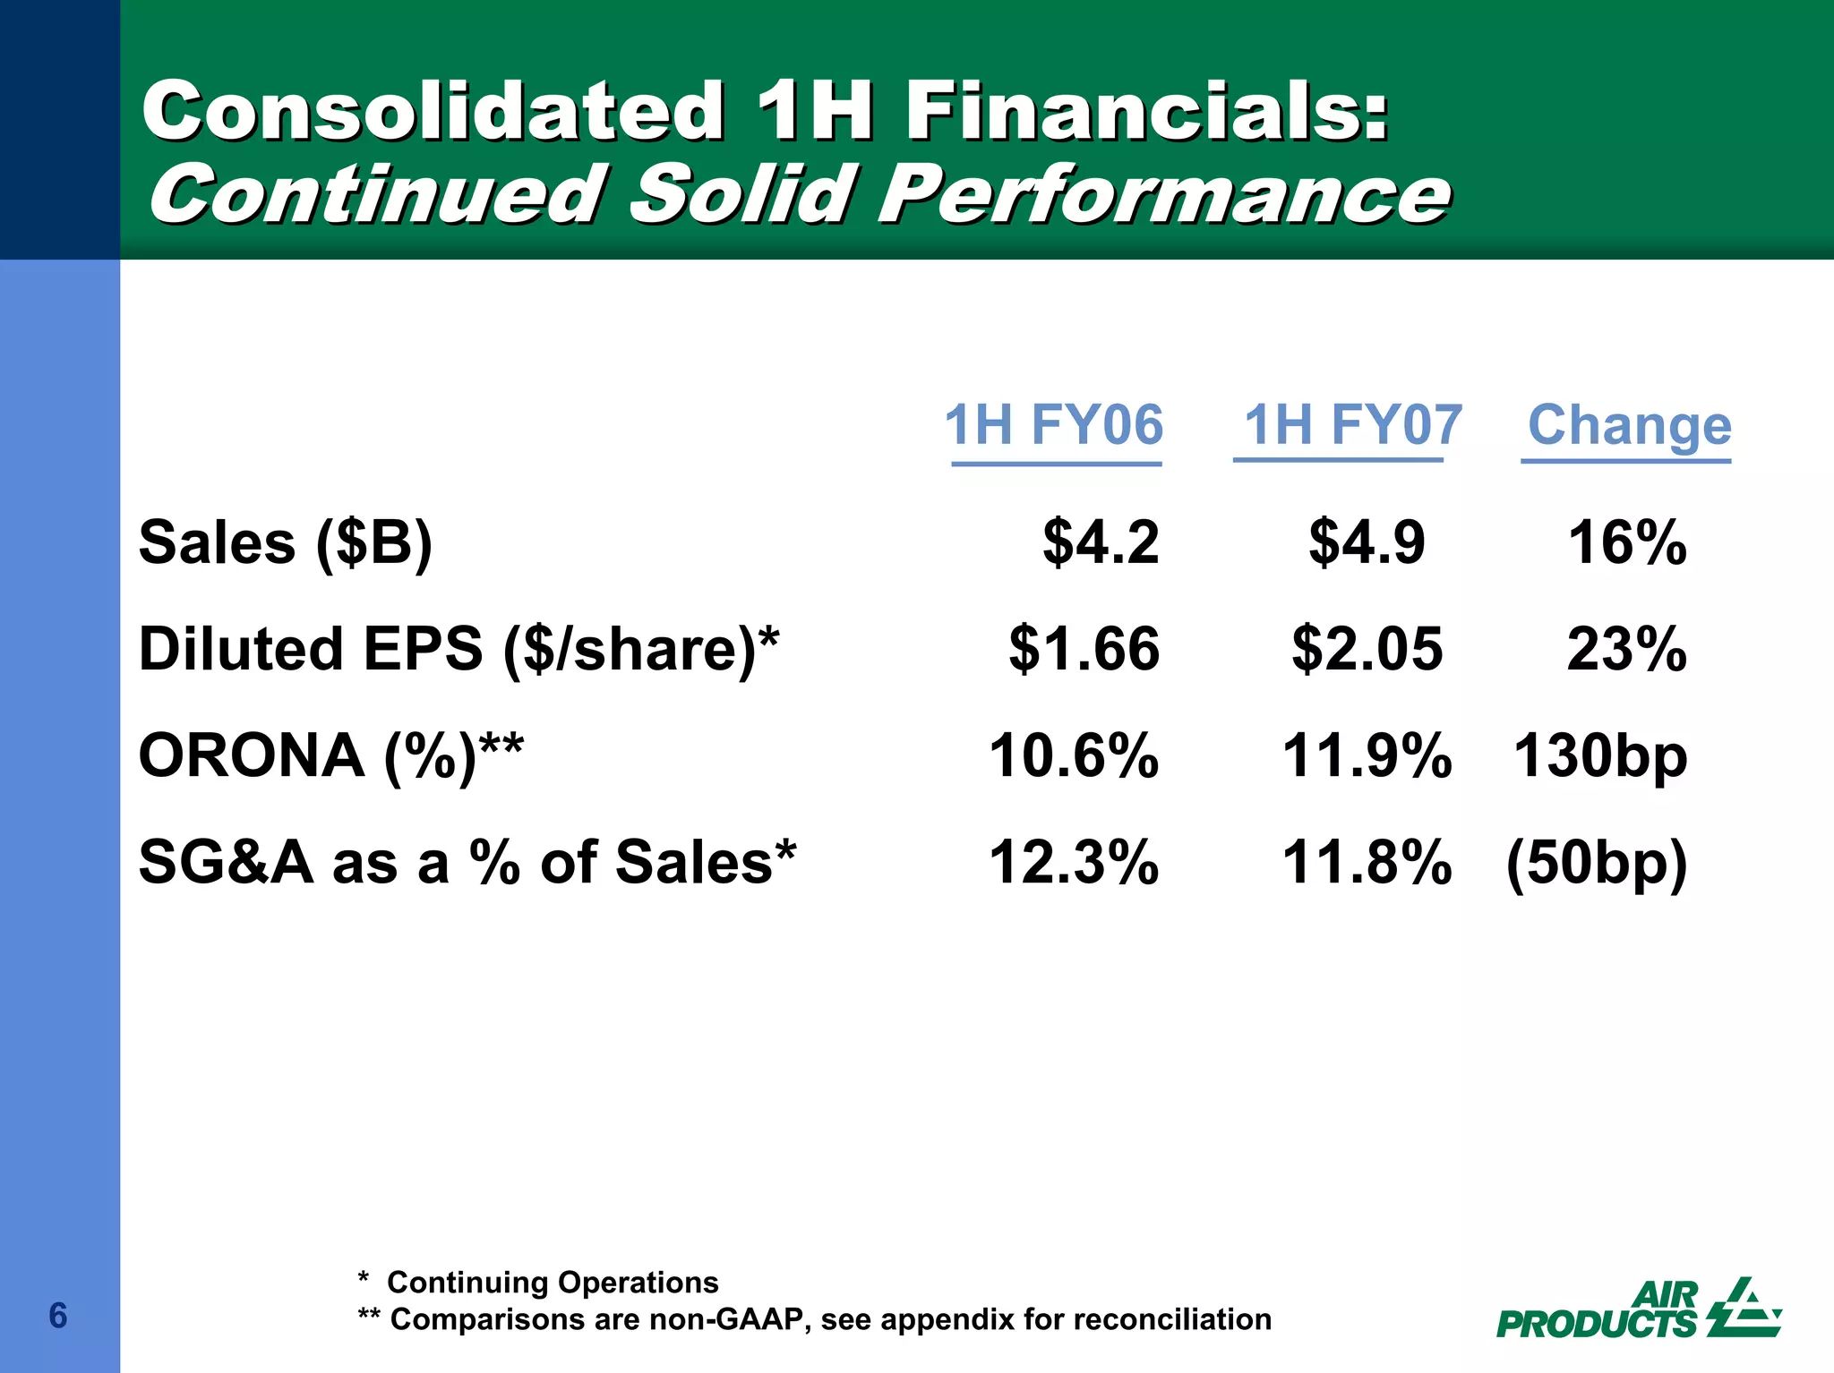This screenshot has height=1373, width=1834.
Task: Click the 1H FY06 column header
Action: coord(1054,425)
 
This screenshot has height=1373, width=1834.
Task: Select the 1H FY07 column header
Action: coord(1352,425)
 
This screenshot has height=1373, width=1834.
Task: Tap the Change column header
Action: coord(1629,425)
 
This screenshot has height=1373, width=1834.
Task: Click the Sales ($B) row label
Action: coord(286,543)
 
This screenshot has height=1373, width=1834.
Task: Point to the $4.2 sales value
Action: coord(1101,543)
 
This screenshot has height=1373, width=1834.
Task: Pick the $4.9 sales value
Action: coord(1367,543)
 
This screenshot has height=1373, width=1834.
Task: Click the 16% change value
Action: coord(1626,543)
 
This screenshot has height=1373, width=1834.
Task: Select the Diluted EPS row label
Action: coord(458,650)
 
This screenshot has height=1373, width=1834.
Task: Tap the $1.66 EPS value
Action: coord(1084,650)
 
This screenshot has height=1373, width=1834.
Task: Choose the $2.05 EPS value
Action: coord(1367,650)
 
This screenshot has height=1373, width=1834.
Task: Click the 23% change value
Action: coord(1626,650)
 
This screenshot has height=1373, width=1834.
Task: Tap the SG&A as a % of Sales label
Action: coord(467,863)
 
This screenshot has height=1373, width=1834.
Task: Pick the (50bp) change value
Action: coord(1597,863)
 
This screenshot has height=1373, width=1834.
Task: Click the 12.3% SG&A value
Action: coord(1074,863)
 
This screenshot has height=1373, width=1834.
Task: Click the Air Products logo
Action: coord(1639,1309)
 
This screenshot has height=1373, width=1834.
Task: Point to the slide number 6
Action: coord(58,1316)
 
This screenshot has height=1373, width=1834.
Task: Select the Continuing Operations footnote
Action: coord(538,1283)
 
